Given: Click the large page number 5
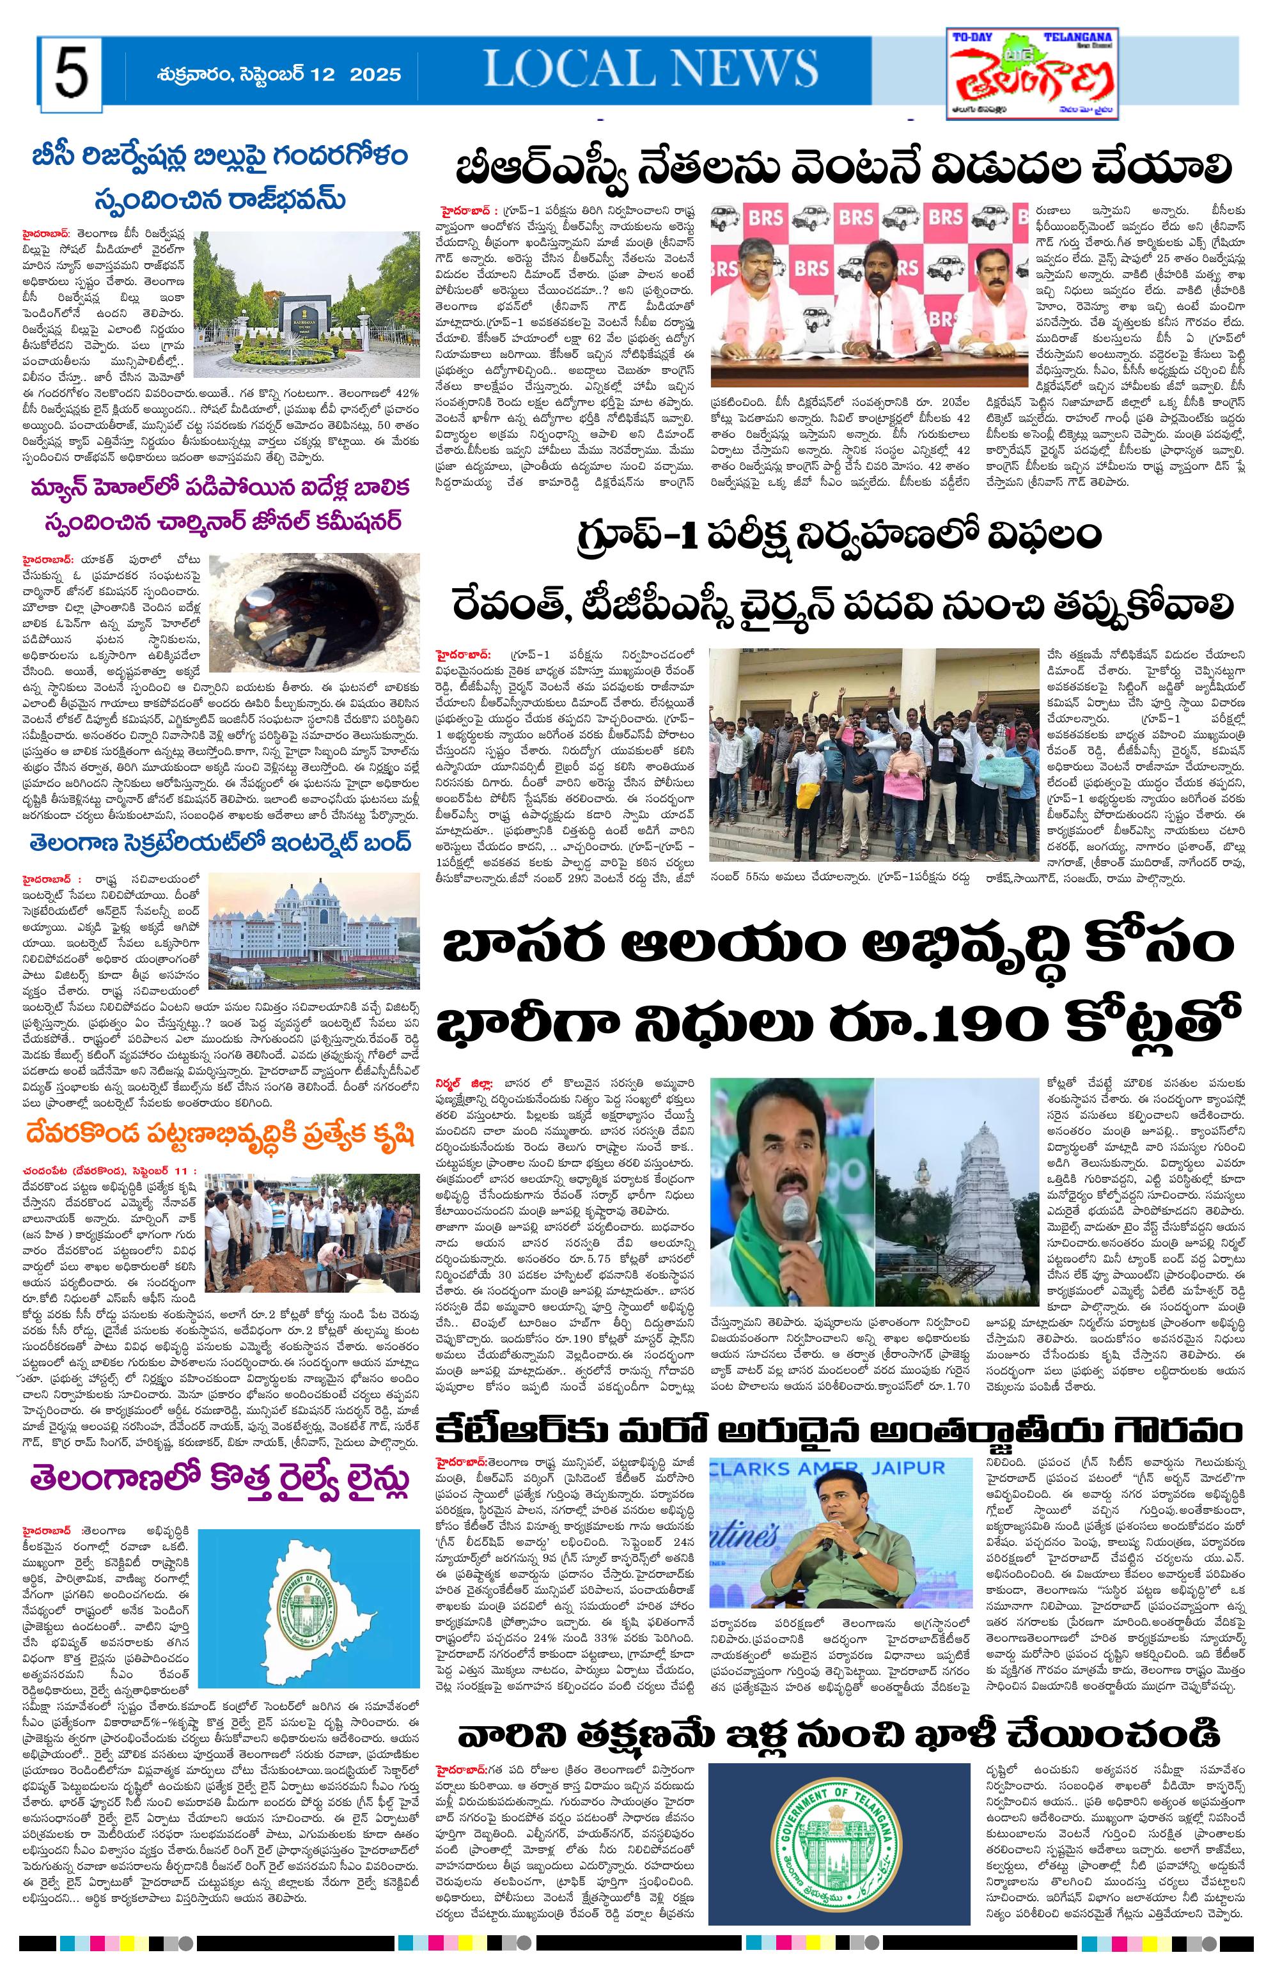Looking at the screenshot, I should (71, 73).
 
